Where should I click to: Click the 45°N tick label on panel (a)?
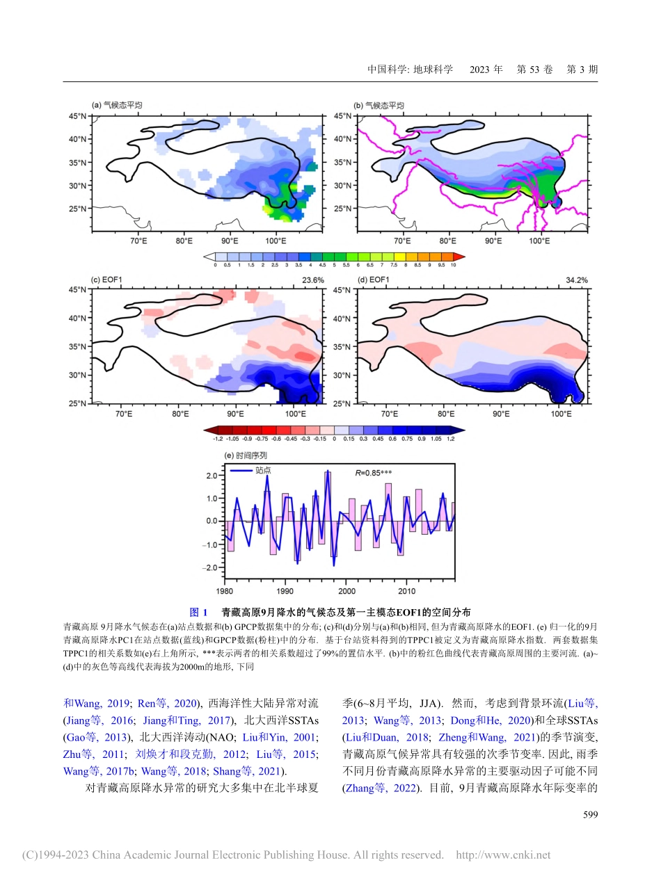(x=77, y=116)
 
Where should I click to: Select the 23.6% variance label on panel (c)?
(x=312, y=280)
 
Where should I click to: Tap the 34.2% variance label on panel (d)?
(x=576, y=280)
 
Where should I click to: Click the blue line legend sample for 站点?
(x=241, y=471)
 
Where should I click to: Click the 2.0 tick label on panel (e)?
(x=210, y=476)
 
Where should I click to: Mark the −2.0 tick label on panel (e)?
(x=209, y=568)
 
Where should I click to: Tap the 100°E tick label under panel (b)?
(x=539, y=241)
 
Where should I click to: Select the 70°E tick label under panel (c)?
(x=124, y=414)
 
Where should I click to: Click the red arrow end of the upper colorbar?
(x=460, y=257)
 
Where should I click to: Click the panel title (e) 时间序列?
(x=246, y=455)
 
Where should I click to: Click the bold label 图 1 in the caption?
(x=199, y=613)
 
